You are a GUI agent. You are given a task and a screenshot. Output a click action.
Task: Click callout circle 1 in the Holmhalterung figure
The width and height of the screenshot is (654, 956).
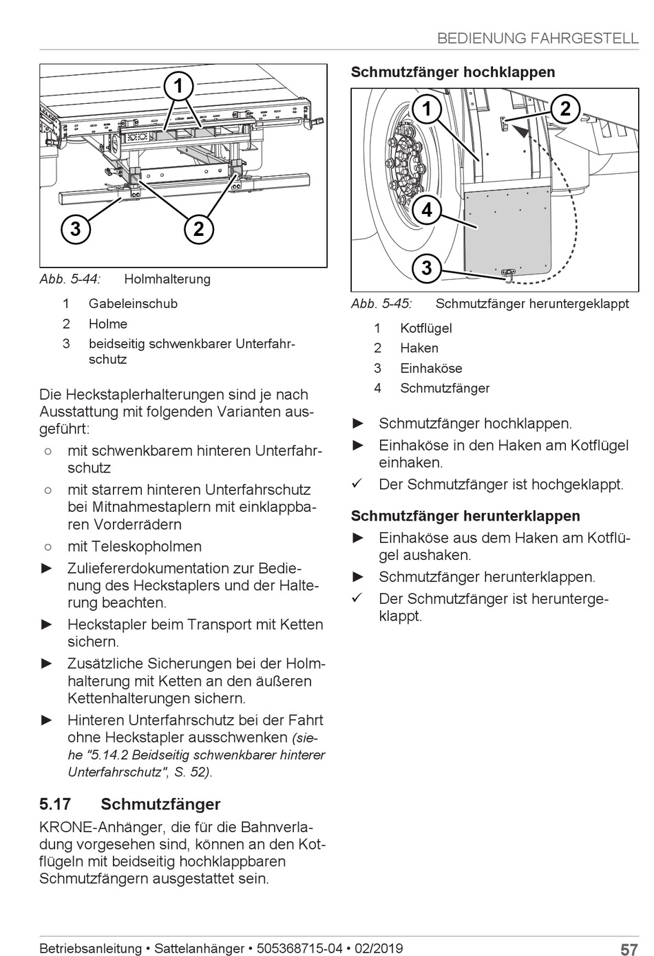[178, 87]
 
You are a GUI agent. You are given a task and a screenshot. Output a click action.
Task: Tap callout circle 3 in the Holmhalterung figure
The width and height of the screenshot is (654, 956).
[75, 228]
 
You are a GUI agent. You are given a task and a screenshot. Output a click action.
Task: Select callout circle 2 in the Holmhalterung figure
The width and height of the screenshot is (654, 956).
[199, 228]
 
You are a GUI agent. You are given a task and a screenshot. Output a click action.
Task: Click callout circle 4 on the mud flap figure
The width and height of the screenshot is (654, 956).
[427, 209]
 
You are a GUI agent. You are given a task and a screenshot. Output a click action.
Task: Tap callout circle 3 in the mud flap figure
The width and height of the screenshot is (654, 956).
[427, 267]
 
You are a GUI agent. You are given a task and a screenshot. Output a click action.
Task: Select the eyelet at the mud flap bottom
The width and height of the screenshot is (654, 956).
[509, 274]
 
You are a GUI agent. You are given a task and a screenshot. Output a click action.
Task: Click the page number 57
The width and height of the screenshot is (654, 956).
[629, 950]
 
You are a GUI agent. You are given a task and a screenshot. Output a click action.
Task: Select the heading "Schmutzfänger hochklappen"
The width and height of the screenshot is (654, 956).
[453, 72]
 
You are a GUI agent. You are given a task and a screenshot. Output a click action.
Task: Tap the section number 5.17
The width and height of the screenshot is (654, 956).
[55, 804]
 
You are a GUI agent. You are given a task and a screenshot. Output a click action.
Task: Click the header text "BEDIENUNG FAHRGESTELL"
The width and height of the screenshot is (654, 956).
[538, 39]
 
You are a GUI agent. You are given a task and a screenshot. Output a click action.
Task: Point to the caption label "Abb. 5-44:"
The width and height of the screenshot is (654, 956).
[70, 279]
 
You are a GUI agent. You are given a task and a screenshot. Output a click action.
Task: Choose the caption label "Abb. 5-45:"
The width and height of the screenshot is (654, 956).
[381, 304]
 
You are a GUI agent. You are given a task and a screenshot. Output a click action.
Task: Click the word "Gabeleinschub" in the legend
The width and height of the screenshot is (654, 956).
[133, 303]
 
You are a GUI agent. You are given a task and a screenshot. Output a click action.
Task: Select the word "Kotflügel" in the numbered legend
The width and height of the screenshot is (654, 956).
[426, 328]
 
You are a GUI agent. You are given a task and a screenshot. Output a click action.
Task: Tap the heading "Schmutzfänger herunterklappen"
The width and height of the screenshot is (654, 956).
[465, 516]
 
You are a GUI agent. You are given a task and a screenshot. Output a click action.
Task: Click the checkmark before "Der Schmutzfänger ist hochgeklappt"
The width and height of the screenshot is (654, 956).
[357, 484]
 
